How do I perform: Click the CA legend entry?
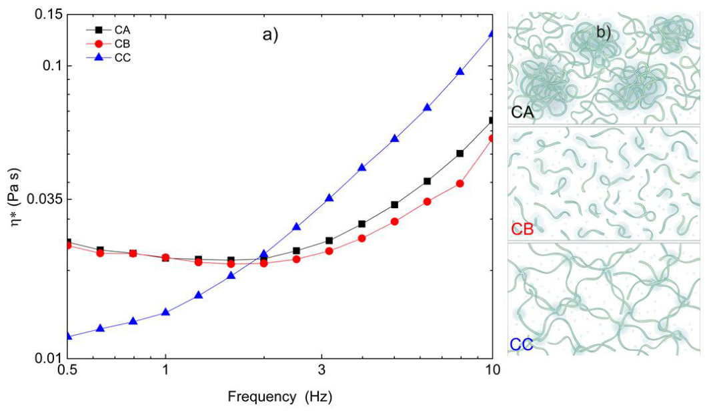(x=109, y=30)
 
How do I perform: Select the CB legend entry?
(x=109, y=44)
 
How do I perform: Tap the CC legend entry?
(x=109, y=57)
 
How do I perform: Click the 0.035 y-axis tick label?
(x=44, y=199)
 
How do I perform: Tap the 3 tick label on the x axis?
(x=321, y=370)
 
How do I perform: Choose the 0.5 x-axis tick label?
(x=67, y=370)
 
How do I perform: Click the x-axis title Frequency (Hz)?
(x=280, y=397)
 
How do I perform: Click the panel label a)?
(x=270, y=35)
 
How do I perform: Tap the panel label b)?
(x=603, y=33)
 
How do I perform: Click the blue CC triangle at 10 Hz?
(x=492, y=33)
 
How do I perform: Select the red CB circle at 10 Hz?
(x=492, y=138)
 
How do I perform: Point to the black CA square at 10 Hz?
(x=492, y=120)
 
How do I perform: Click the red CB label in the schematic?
(x=523, y=230)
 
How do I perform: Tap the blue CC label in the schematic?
(x=522, y=344)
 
